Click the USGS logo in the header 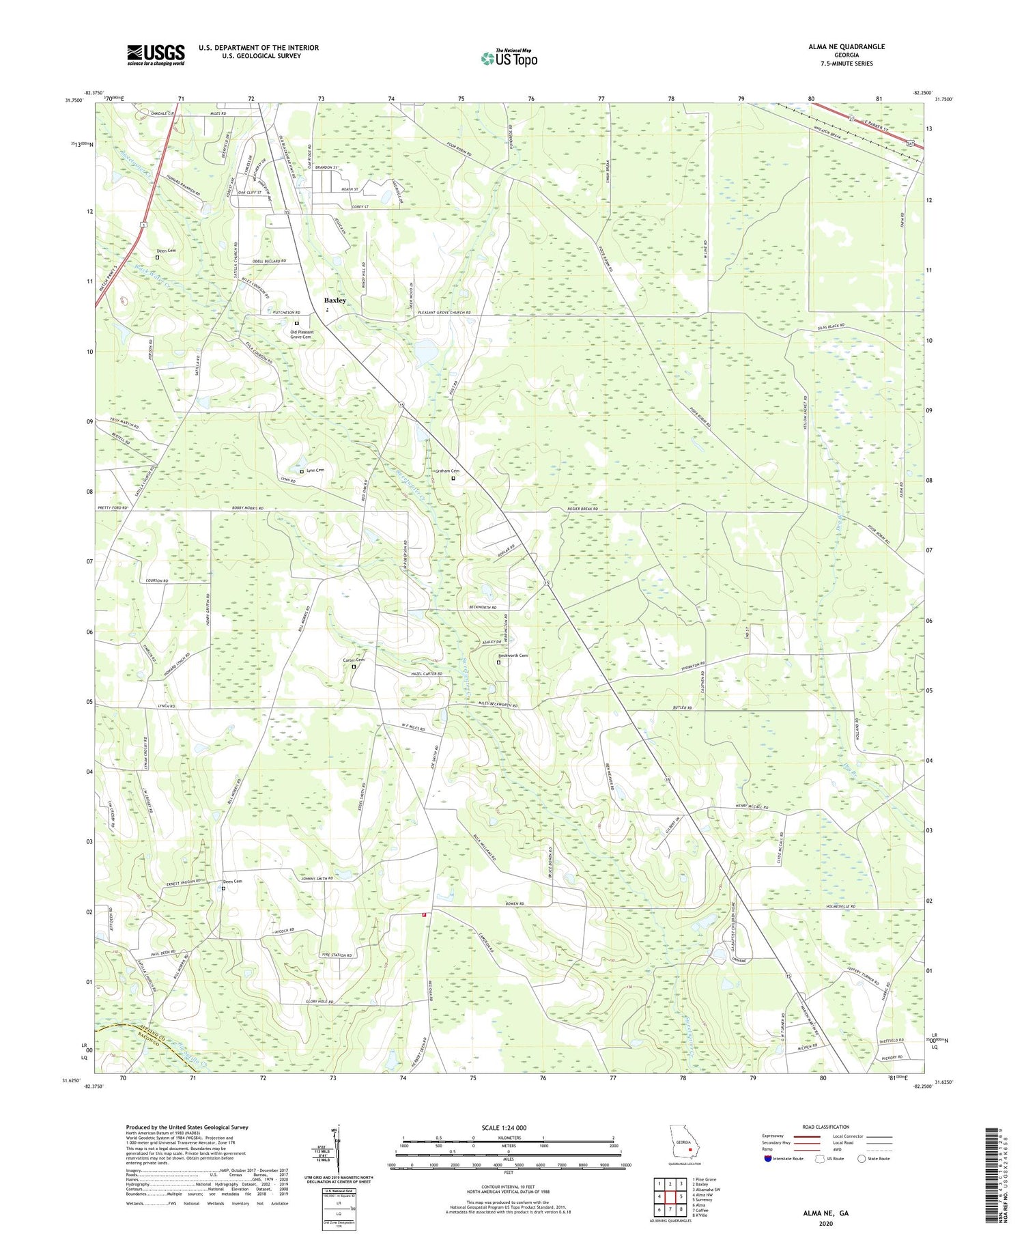(156, 55)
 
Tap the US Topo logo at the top (509, 58)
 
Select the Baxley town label (335, 300)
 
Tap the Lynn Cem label (315, 470)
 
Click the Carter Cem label (353, 660)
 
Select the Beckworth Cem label (513, 656)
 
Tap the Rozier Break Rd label (581, 509)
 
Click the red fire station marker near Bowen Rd (424, 915)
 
